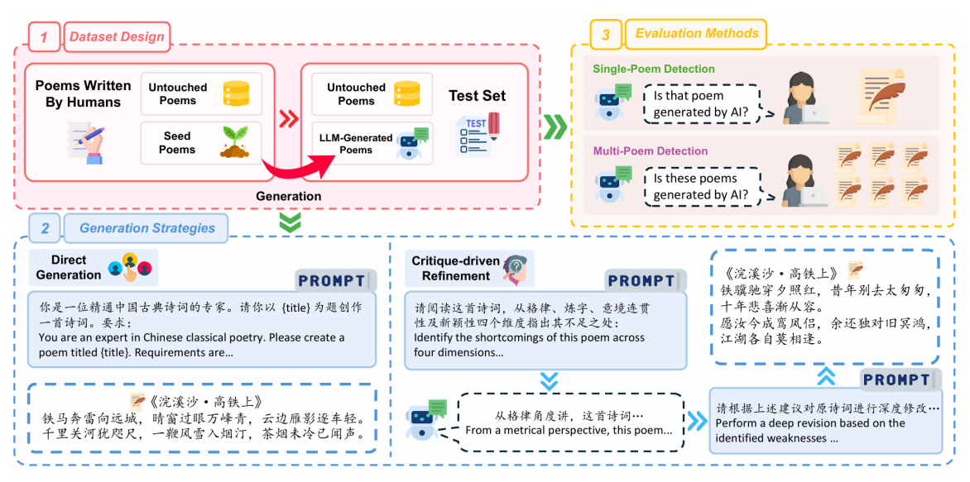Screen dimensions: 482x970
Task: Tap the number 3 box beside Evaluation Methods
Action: (606, 35)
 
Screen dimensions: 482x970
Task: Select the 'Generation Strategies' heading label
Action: (147, 228)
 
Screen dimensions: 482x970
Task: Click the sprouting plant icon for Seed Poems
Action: (234, 142)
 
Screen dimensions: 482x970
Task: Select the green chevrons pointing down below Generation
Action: (289, 222)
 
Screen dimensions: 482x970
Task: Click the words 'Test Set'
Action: (477, 96)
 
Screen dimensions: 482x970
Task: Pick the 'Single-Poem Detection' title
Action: (653, 69)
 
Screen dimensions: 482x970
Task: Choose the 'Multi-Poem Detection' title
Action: (650, 151)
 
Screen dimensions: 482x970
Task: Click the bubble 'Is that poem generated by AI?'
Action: (701, 104)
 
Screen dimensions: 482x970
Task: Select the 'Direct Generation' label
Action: (69, 267)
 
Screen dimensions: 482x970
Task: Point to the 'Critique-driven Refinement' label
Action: (456, 269)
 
